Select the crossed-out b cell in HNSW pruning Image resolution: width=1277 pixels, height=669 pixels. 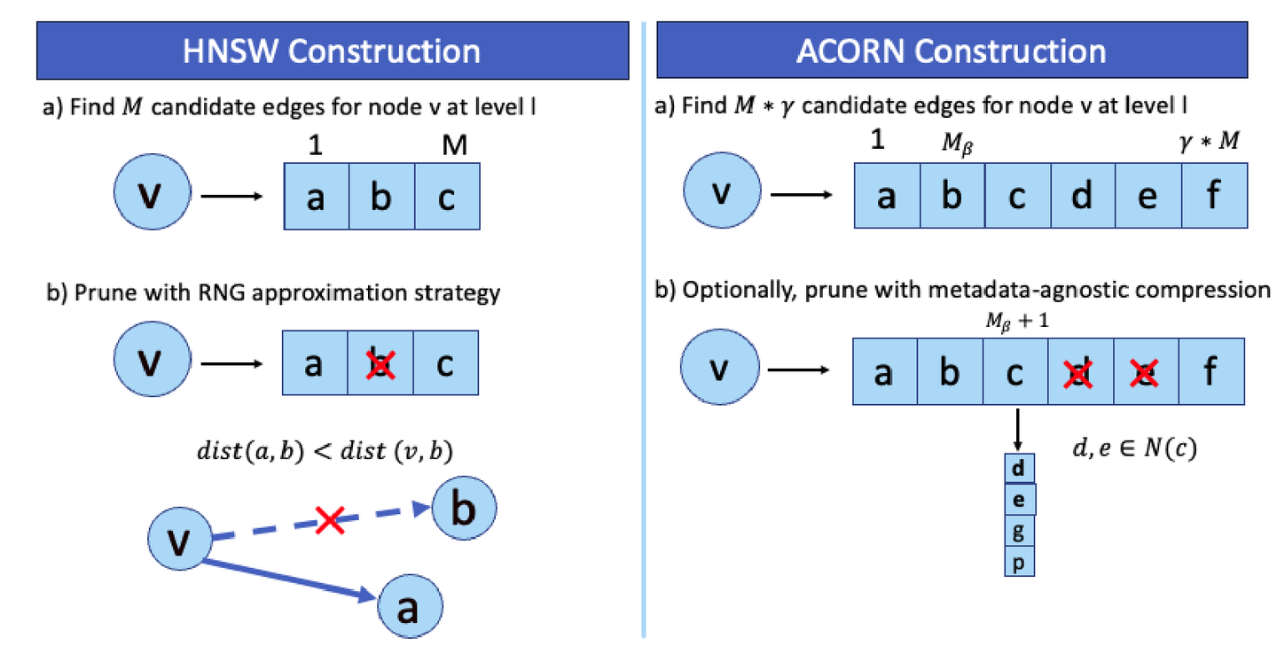[380, 363]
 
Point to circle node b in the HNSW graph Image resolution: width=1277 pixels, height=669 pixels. [464, 509]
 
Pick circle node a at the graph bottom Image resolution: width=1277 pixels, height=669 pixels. [409, 608]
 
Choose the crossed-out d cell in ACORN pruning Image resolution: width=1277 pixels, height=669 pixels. [1080, 373]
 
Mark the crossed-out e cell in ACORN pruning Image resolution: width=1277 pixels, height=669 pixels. [1147, 373]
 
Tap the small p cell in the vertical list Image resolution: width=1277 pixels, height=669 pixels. [1019, 562]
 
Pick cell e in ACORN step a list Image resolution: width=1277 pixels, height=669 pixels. [1148, 196]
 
